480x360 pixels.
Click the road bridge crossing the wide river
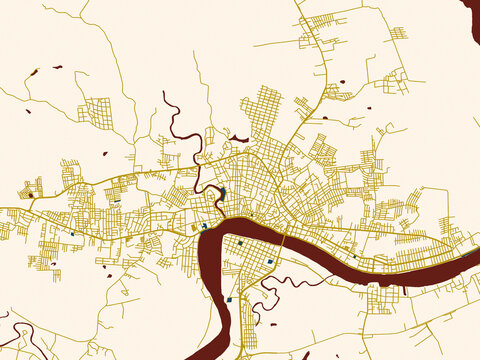tap(283, 242)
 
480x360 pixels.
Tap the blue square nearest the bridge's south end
tap(270, 262)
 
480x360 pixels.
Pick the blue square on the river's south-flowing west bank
tap(229, 298)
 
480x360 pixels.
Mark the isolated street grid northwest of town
tap(98, 112)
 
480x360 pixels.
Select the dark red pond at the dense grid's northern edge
tap(239, 139)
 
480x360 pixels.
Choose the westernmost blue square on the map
tap(72, 234)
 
